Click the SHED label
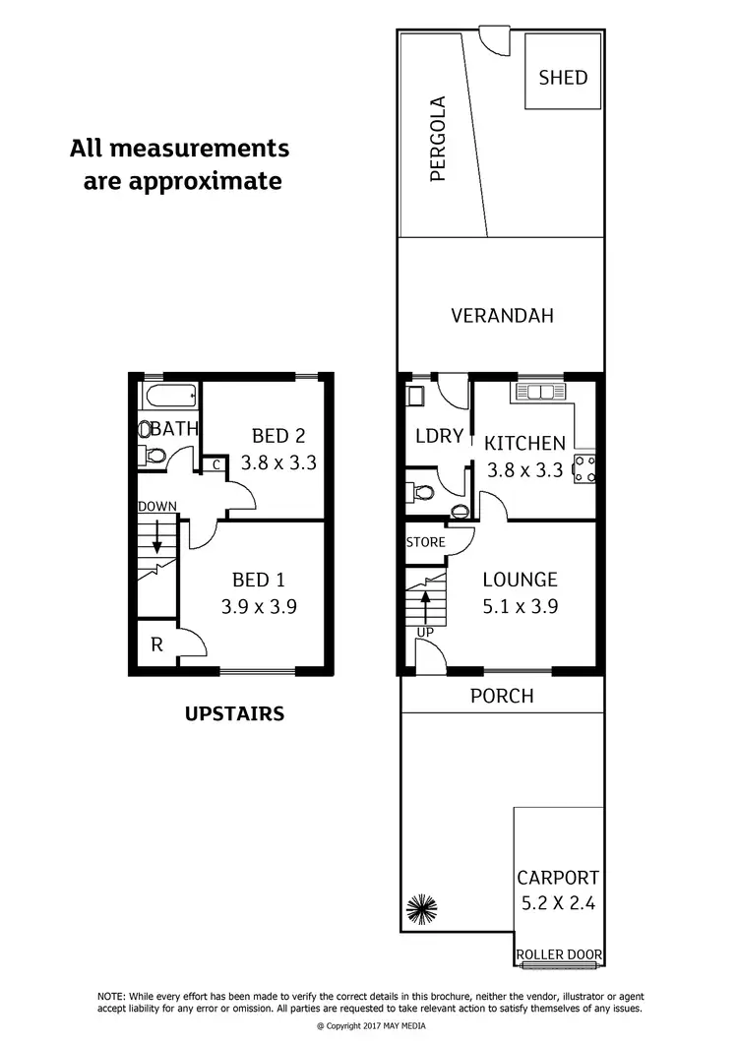563,77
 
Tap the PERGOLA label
439,139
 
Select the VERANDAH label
502,316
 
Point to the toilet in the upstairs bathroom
154,457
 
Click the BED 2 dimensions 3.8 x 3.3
278,462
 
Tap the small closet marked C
215,465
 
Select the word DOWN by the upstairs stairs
157,507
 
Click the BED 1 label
257,580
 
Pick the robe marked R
156,645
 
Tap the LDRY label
439,436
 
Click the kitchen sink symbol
541,393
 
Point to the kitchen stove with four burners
584,469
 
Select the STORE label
425,542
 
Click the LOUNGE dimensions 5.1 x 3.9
521,607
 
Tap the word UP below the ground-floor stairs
425,631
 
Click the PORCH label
502,697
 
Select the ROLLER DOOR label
560,954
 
